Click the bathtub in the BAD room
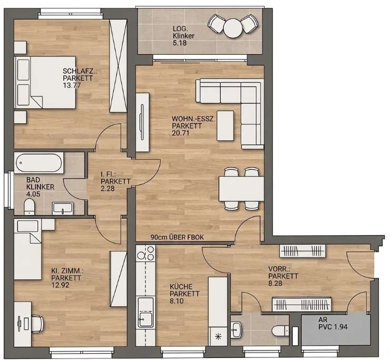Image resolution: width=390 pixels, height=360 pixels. click(39, 163)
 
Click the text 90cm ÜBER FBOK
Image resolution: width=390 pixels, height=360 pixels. click(177, 237)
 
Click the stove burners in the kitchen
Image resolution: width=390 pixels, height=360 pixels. click(145, 253)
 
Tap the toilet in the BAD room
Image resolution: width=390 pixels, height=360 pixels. click(30, 207)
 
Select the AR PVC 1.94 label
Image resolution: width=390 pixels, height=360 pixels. click(333, 323)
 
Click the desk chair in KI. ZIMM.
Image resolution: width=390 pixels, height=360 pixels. click(37, 324)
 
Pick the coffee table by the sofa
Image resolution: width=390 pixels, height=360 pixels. click(226, 125)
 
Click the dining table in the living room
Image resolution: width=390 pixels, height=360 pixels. click(241, 189)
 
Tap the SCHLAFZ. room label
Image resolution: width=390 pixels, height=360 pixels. click(80, 71)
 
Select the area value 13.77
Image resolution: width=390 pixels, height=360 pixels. click(72, 85)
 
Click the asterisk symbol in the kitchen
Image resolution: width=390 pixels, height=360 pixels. click(218, 337)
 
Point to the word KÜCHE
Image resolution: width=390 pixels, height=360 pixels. click(181, 287)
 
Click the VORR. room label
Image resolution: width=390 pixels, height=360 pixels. click(279, 269)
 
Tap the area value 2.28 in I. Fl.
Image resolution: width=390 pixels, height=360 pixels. click(108, 189)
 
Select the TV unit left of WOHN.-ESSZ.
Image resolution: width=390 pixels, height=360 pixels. click(142, 122)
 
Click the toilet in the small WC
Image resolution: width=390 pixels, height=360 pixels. click(280, 331)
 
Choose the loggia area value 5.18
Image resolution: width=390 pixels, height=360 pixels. click(180, 43)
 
